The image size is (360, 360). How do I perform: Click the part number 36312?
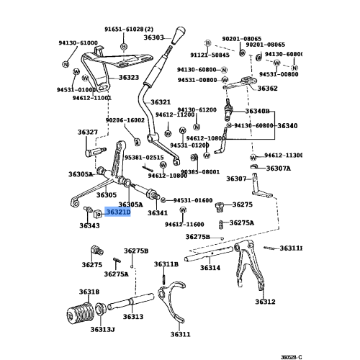point(265,302)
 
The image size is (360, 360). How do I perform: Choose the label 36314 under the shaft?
point(210,268)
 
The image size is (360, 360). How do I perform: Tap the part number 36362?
point(267,89)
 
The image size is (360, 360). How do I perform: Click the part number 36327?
point(88,132)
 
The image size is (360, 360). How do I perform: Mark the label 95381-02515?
point(144,157)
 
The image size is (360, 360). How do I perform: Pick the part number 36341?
point(158,213)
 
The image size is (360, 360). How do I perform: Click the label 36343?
point(89,225)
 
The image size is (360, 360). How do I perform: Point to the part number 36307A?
point(279,168)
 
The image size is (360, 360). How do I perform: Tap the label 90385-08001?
point(199,172)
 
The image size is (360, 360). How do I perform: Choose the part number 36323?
point(129,77)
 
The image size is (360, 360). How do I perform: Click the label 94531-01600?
point(192,200)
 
